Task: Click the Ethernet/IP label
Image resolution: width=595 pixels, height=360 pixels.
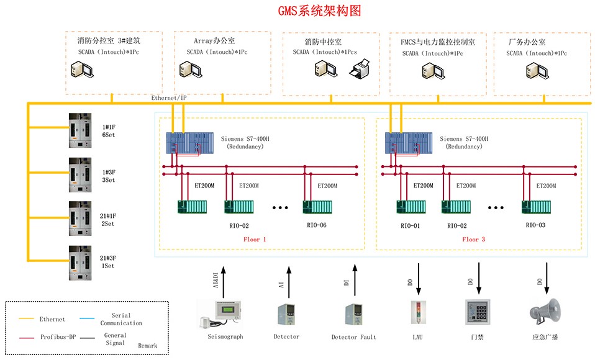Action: (x=168, y=98)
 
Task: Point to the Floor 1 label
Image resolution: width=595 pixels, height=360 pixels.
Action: (x=255, y=239)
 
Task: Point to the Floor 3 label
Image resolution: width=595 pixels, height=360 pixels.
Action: (x=473, y=239)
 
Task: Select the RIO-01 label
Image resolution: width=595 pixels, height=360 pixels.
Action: (x=409, y=225)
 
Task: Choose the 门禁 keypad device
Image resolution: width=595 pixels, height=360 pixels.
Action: (x=478, y=312)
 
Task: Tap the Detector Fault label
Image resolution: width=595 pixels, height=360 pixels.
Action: (x=354, y=337)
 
